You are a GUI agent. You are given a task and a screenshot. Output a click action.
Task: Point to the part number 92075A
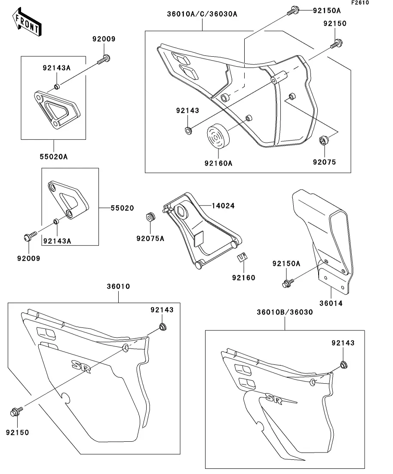point(150,239)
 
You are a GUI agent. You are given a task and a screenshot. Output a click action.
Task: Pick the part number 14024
point(223,206)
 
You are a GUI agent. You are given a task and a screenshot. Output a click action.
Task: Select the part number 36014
point(332,303)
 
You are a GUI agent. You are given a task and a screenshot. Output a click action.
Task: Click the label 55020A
point(54,157)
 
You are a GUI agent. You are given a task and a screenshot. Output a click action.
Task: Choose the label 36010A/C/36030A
point(202,14)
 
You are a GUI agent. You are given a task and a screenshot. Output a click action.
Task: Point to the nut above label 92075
point(324,140)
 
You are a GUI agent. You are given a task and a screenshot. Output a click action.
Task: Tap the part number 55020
point(122,208)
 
